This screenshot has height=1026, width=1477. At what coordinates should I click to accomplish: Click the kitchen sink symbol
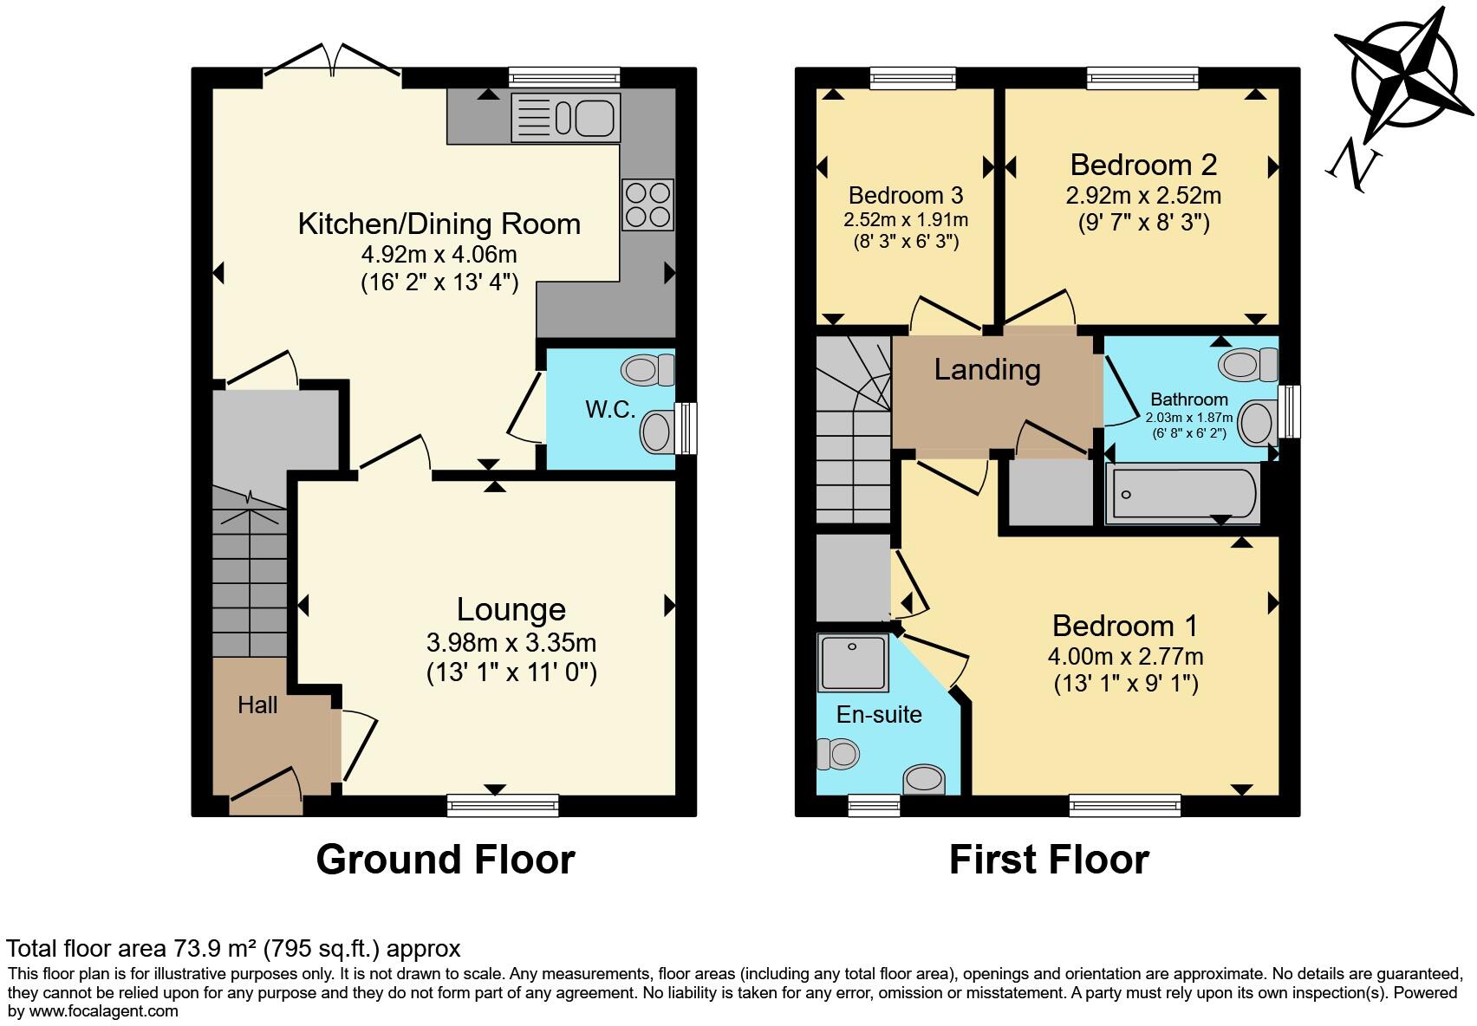coord(566,118)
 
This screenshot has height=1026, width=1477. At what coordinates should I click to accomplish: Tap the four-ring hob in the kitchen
coord(647,205)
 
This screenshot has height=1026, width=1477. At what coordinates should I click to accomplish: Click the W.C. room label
coord(610,410)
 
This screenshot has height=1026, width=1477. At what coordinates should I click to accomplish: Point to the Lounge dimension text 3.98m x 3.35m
coord(511,643)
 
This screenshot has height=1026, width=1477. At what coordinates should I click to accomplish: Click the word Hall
coord(257,705)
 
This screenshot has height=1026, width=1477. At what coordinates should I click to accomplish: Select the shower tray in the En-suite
coord(853,663)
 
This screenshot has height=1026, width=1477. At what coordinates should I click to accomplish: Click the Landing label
coord(987,370)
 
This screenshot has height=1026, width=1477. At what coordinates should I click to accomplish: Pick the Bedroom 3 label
coord(906,195)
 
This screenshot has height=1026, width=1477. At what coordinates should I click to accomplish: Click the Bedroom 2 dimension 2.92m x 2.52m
coord(1143,195)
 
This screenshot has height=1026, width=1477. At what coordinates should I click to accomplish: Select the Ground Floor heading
coord(446,860)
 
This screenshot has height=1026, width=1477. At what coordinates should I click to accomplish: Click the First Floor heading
coord(1049,860)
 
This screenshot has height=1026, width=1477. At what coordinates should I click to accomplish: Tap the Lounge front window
coord(503,806)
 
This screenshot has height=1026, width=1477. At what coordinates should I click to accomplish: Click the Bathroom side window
coord(1290,412)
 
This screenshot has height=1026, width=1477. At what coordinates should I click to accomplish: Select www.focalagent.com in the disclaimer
coord(104,1010)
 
